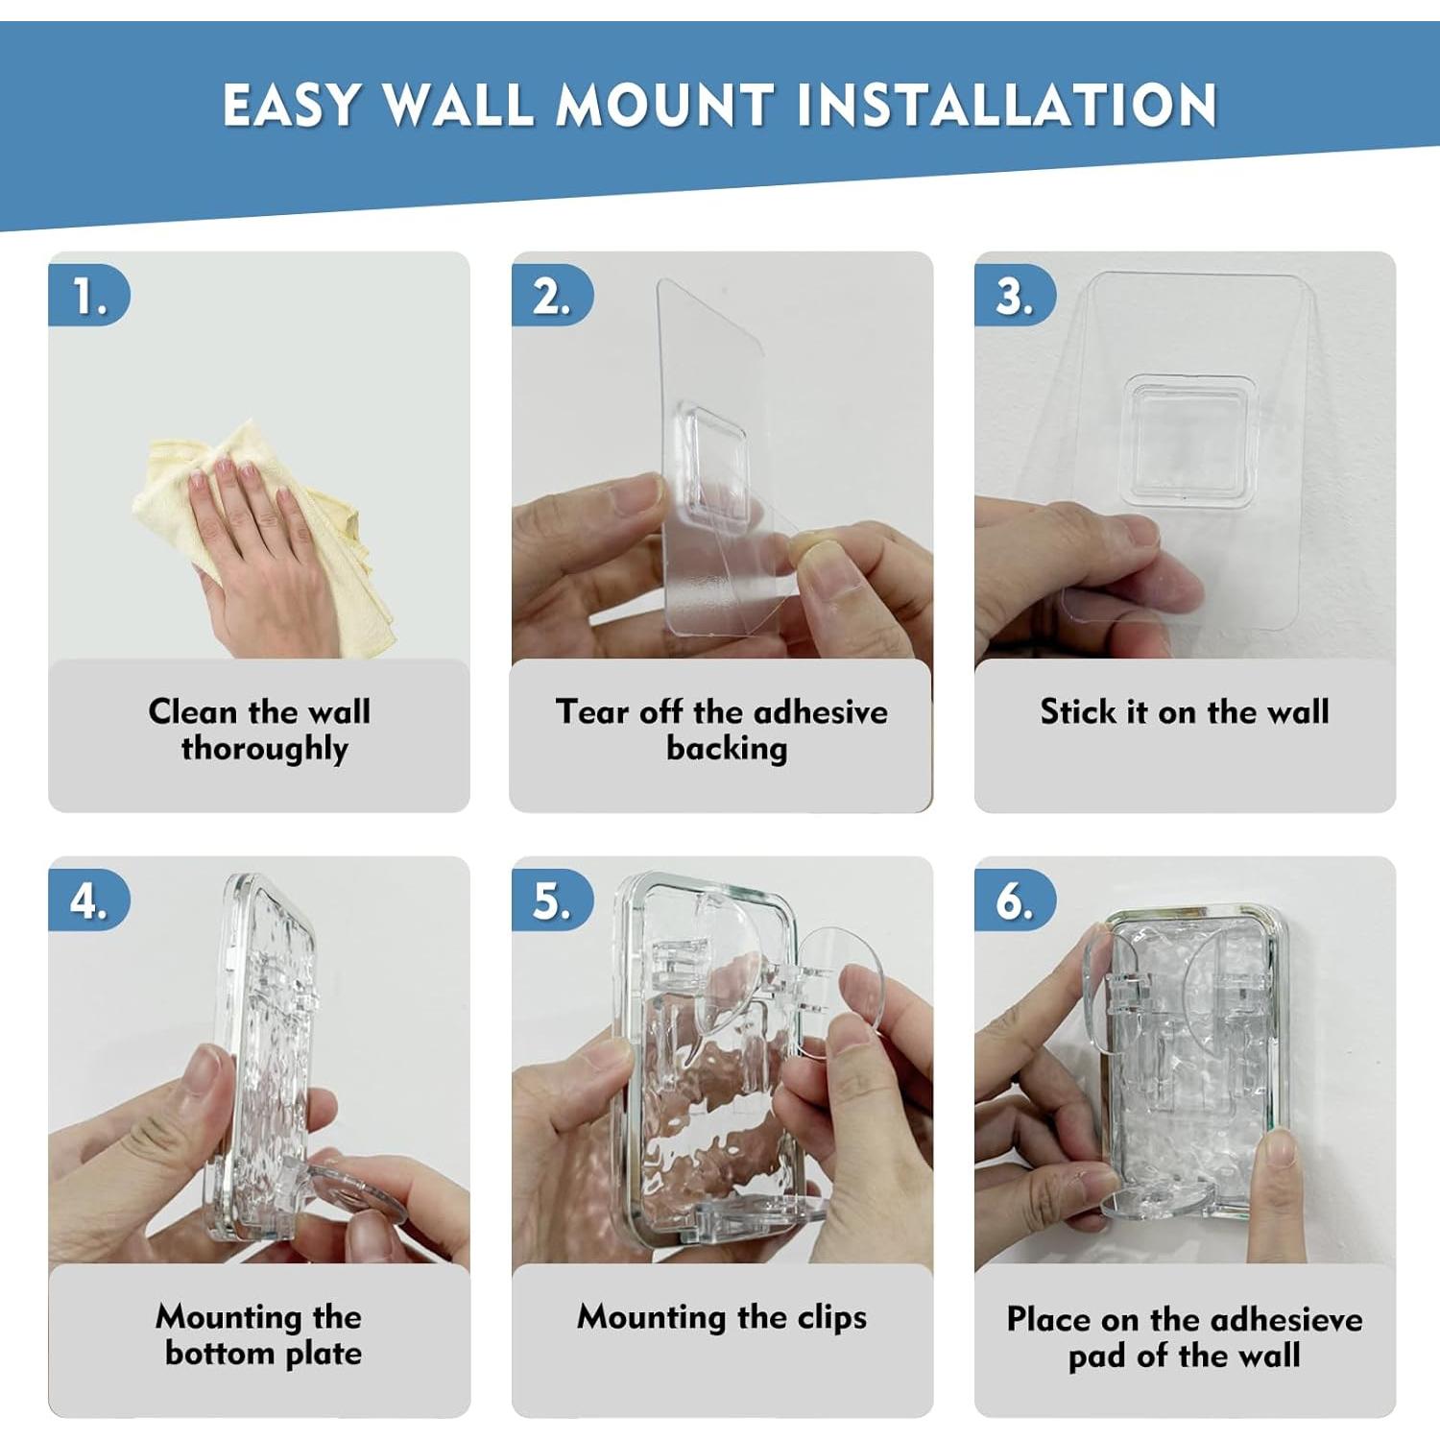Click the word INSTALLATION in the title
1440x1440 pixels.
click(x=1007, y=105)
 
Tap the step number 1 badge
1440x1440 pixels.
click(x=89, y=296)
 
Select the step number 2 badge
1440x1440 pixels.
click(x=552, y=296)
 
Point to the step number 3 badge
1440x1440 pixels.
click(x=1015, y=296)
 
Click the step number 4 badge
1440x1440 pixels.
click(x=89, y=900)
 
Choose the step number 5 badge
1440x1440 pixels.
click(x=552, y=900)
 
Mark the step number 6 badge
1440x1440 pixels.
click(x=1015, y=900)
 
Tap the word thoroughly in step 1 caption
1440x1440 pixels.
click(x=264, y=749)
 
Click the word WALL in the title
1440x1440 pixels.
click(x=460, y=105)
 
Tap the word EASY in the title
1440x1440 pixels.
click(x=292, y=105)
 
